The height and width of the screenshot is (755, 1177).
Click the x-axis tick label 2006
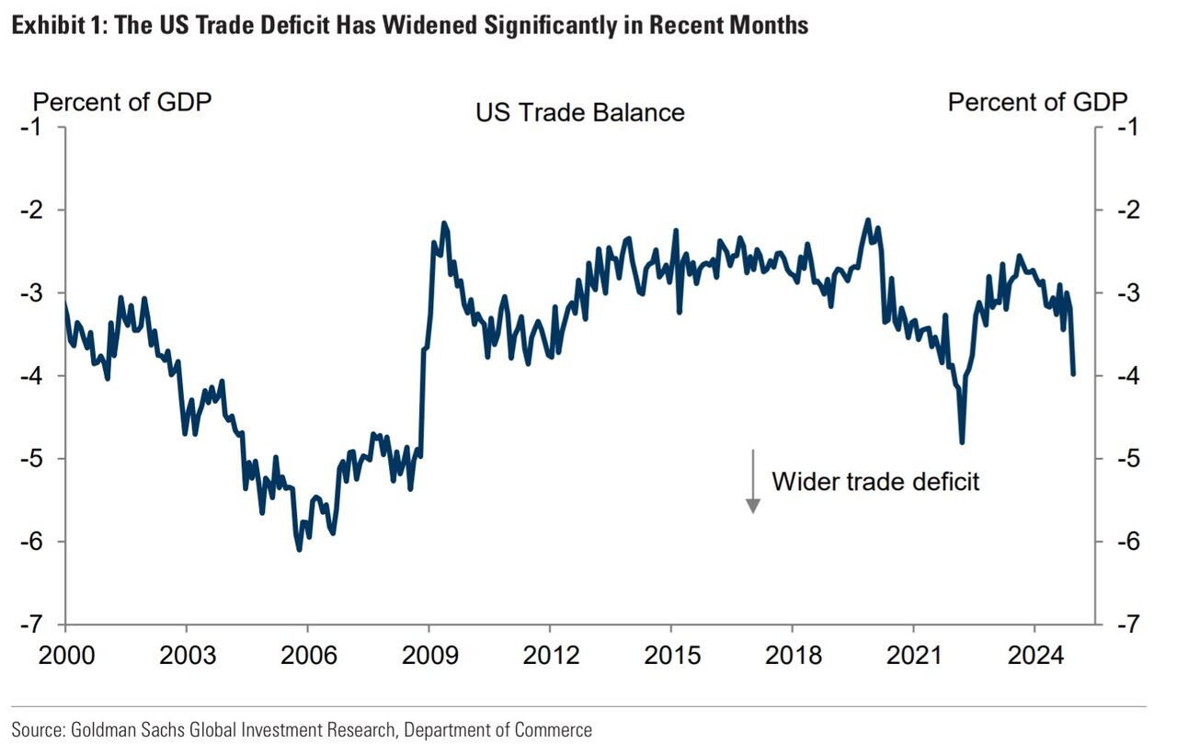pyautogui.click(x=308, y=655)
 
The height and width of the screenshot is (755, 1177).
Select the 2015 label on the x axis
pyautogui.click(x=671, y=655)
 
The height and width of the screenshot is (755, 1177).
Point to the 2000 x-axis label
pyautogui.click(x=66, y=655)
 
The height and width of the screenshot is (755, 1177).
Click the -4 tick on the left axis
pyautogui.click(x=32, y=375)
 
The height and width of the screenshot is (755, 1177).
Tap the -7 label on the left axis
pyautogui.click(x=32, y=623)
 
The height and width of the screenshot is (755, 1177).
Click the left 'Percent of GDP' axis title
pyautogui.click(x=122, y=101)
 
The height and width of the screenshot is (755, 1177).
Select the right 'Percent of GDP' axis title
pyautogui.click(x=1037, y=101)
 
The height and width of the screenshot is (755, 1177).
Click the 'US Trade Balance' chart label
pyautogui.click(x=579, y=112)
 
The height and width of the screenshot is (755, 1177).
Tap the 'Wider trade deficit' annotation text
pyautogui.click(x=875, y=481)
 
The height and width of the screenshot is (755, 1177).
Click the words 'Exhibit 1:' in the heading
pyautogui.click(x=54, y=25)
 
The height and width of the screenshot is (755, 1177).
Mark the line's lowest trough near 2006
pyautogui.click(x=299, y=550)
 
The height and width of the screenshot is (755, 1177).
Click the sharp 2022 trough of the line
pyautogui.click(x=962, y=442)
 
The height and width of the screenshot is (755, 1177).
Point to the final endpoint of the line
pyautogui.click(x=1073, y=373)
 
